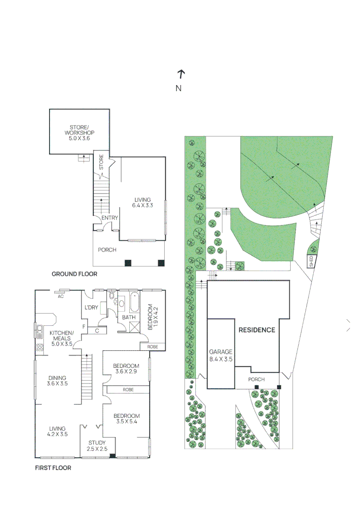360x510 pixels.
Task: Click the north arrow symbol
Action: click(181, 74)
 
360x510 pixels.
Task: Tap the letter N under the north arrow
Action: click(178, 88)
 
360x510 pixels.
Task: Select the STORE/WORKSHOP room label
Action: click(79, 133)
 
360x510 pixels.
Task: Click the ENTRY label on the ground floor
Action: click(109, 218)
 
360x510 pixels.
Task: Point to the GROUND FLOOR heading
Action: click(74, 274)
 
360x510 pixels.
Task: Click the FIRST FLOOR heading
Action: click(53, 468)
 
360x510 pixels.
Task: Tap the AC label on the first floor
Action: click(60, 297)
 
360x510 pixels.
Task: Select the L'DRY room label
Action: click(91, 308)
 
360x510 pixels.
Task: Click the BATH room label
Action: click(129, 317)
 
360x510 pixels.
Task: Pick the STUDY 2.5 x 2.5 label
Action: click(97, 446)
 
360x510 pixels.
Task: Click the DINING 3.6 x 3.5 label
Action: click(57, 381)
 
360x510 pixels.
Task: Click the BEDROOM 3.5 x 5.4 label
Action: click(126, 419)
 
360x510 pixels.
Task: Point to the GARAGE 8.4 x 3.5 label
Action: click(221, 355)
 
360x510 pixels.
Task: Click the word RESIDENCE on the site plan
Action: click(256, 330)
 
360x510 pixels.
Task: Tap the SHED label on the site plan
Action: click(311, 261)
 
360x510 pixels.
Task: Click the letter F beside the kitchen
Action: click(84, 326)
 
